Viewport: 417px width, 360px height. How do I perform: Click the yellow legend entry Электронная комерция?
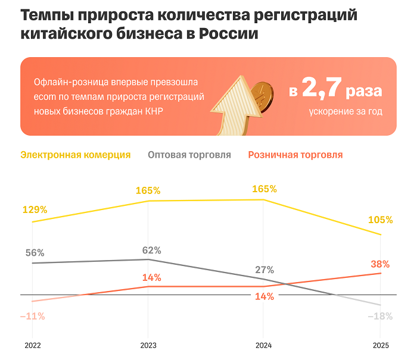pos(76,155)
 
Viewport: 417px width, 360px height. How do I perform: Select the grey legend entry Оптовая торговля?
pos(189,155)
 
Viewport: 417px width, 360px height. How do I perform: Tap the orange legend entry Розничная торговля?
pos(295,155)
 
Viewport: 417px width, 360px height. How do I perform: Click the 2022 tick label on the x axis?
pos(33,345)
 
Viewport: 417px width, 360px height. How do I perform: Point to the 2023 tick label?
pos(148,345)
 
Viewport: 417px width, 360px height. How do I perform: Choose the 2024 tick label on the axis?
pos(263,345)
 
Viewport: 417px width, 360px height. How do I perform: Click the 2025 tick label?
pos(380,345)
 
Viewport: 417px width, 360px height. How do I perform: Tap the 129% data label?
pos(35,209)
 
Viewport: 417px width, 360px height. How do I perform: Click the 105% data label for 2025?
pos(380,220)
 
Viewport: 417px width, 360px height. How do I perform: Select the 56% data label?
pos(35,252)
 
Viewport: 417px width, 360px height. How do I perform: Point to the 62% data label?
pos(151,250)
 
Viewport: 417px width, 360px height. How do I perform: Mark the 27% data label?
pos(264,269)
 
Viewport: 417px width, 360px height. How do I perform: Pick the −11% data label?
pos(32,316)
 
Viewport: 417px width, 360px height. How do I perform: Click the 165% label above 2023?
pos(148,190)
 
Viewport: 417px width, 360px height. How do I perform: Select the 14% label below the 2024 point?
pos(264,296)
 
